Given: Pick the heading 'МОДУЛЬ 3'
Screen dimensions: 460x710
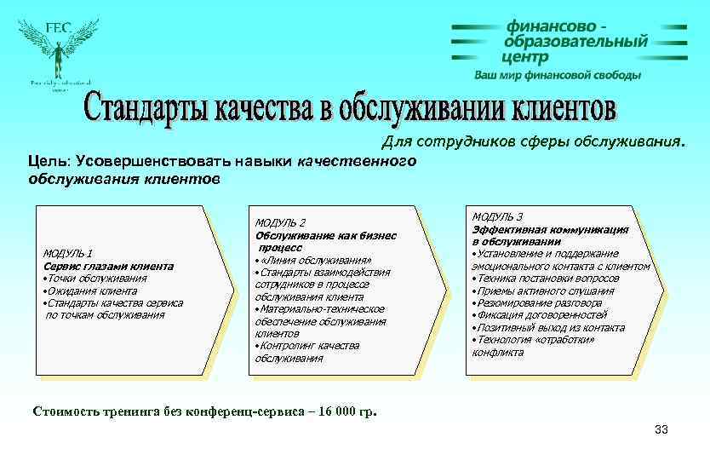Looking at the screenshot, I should tap(497, 217).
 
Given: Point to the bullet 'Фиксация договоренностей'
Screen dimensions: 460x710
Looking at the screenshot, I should tap(541, 315).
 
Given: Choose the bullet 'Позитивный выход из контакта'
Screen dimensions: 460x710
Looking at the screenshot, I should tap(550, 327).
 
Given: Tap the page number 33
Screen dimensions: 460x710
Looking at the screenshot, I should tap(661, 430).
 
